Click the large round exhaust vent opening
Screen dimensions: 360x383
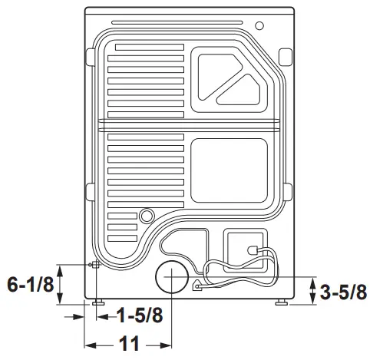pos(171,276)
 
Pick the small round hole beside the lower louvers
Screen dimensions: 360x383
pos(146,216)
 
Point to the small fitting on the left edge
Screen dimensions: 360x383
pos(94,266)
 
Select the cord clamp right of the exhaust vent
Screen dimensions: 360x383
pos(197,287)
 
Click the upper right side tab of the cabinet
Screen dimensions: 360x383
pos(285,56)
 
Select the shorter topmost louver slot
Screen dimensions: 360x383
pos(146,47)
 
